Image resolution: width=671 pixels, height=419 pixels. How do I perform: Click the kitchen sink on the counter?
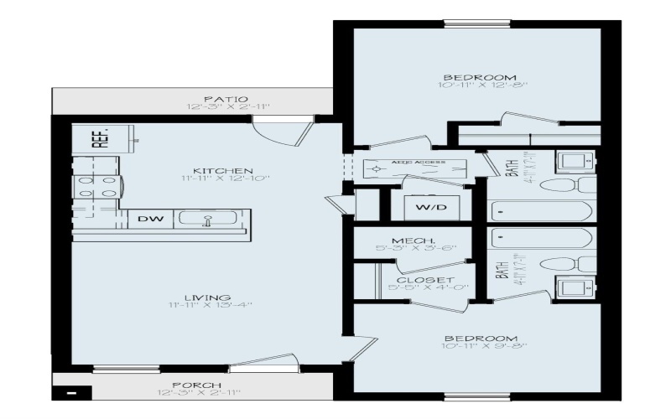[209, 220]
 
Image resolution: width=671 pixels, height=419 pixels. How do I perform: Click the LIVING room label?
[208, 297]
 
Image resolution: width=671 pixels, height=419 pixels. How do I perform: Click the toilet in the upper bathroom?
[577, 184]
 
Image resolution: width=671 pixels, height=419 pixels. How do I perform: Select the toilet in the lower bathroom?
[575, 265]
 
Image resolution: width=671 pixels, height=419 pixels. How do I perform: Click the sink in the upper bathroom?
[575, 161]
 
